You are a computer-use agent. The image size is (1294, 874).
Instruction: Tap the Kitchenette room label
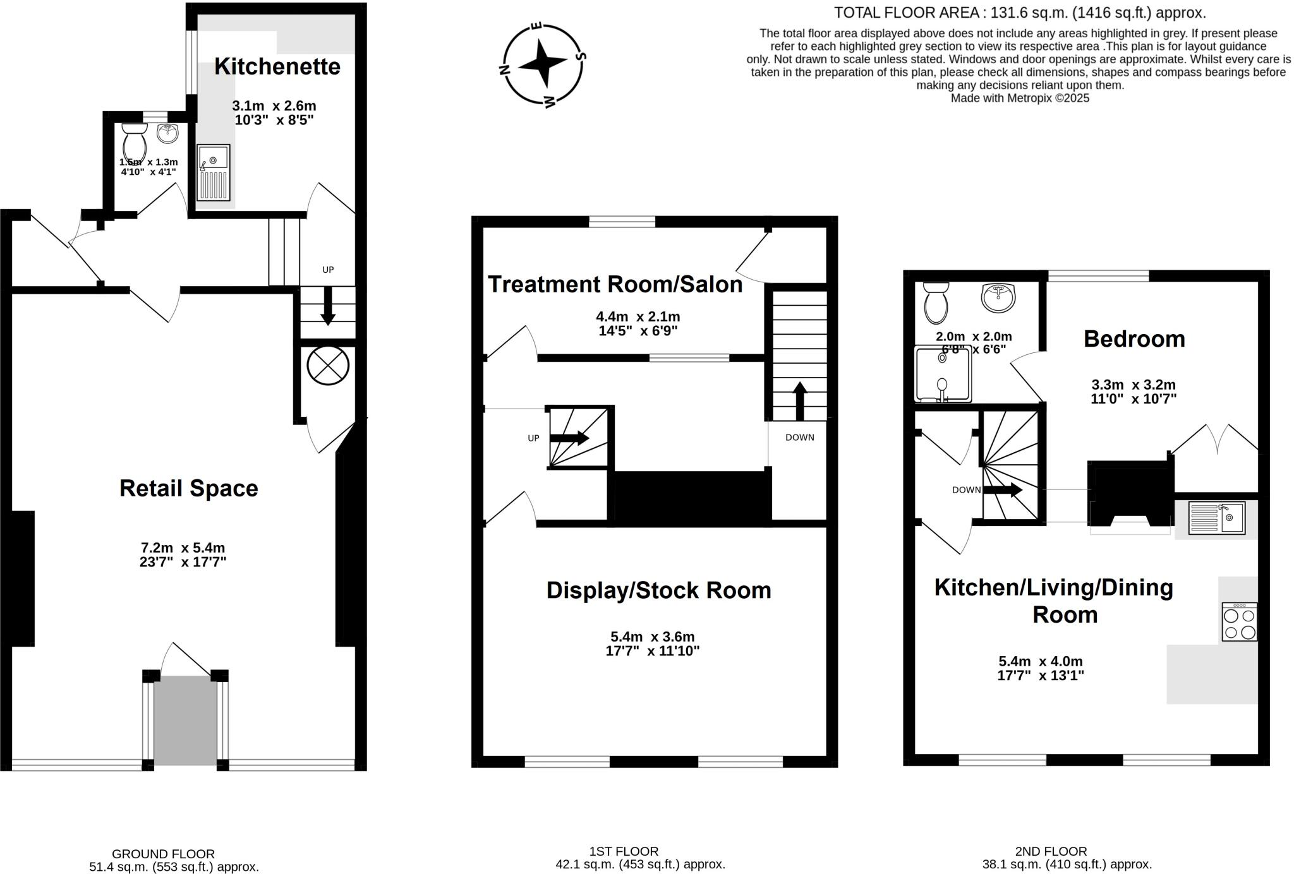click(x=277, y=66)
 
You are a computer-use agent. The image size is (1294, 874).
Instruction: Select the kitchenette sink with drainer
click(x=213, y=172)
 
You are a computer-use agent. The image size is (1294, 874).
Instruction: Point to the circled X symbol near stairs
click(x=328, y=366)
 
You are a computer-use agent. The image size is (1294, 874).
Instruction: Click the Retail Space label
click(x=188, y=488)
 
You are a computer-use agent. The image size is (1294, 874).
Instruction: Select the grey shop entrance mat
click(x=186, y=720)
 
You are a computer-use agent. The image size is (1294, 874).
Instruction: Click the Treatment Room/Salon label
click(x=615, y=284)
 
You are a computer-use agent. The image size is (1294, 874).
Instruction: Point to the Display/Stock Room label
click(x=658, y=590)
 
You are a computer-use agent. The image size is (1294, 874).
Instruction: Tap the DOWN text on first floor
click(x=799, y=438)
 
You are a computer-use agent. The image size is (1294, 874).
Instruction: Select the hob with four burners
click(x=1239, y=622)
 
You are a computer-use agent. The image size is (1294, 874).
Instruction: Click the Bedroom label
click(x=1134, y=339)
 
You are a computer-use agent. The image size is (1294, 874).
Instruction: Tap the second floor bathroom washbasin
click(x=998, y=297)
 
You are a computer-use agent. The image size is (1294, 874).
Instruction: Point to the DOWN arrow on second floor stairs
click(x=1003, y=490)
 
